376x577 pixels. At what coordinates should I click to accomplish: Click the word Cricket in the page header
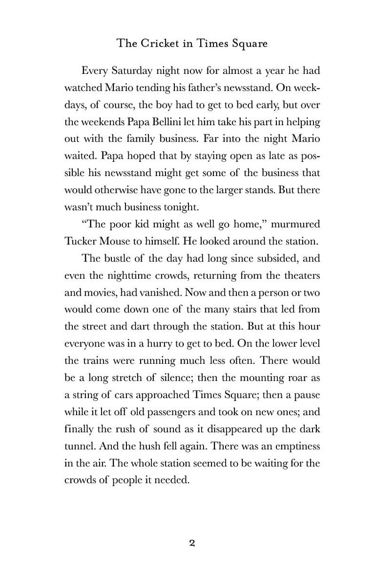160,44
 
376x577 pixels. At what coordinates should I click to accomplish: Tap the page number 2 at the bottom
192,543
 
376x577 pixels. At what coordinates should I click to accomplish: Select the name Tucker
80,241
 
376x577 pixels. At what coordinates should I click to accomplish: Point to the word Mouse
116,241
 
